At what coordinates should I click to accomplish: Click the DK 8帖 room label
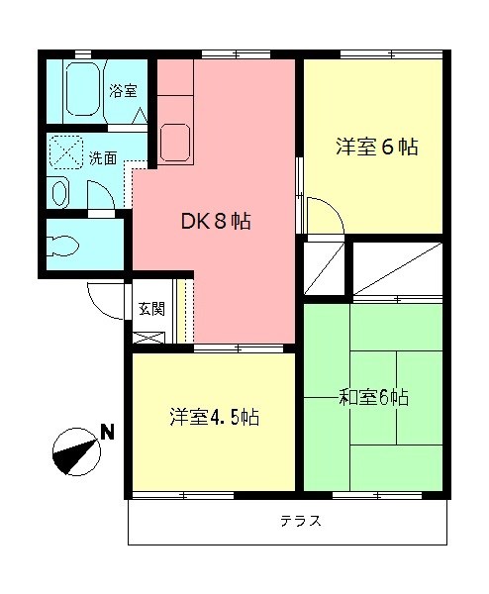click(x=215, y=222)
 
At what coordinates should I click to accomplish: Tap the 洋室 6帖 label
click(x=376, y=148)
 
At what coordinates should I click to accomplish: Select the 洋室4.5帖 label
click(x=213, y=417)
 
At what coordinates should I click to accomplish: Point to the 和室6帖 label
click(x=374, y=398)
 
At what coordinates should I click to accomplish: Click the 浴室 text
click(x=123, y=91)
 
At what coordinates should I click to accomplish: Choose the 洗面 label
click(x=102, y=157)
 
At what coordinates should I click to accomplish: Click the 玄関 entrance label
click(x=151, y=307)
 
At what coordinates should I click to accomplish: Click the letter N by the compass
click(x=107, y=431)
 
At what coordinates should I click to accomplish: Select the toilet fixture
click(x=69, y=244)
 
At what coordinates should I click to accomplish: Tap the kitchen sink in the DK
click(x=176, y=140)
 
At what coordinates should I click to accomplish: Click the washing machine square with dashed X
click(x=68, y=154)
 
